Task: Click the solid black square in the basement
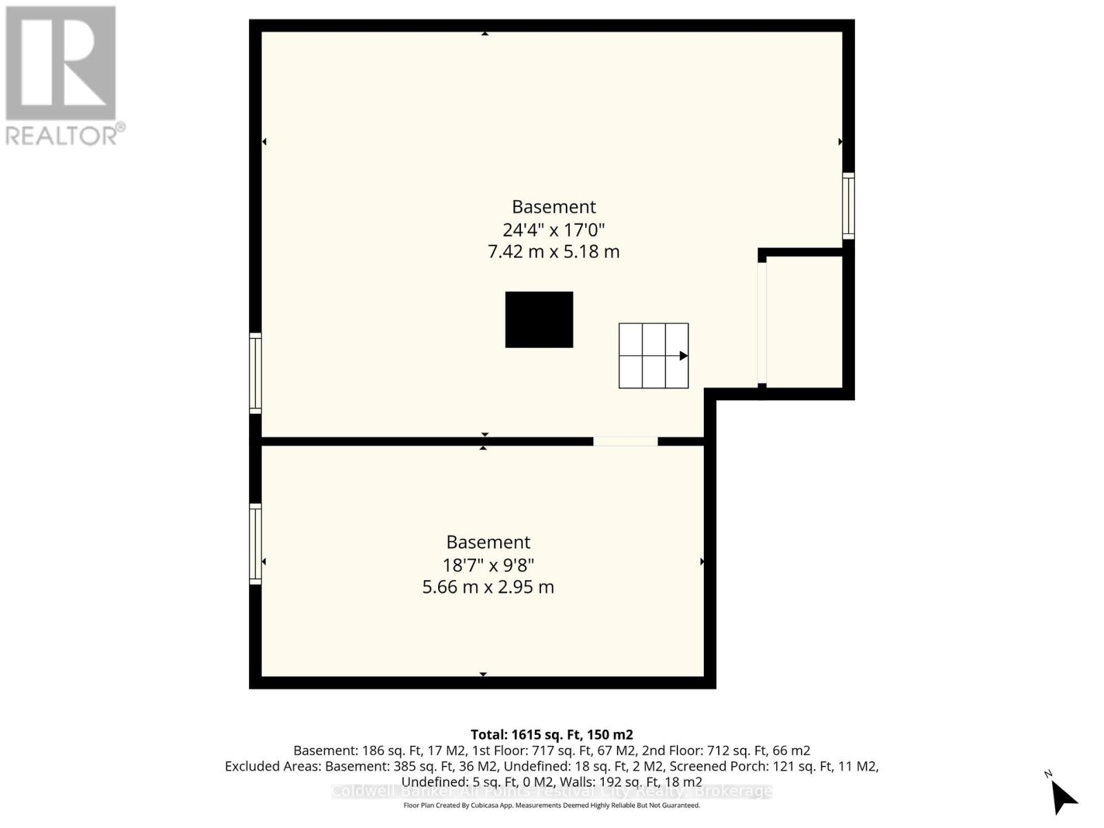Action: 539,319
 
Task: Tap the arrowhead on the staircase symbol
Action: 683,356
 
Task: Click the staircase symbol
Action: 653,355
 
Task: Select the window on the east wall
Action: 848,206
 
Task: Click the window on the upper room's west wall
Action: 255,373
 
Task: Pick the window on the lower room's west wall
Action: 255,544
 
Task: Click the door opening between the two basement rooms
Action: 625,441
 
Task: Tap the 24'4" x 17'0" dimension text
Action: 553,229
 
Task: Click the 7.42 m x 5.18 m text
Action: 553,252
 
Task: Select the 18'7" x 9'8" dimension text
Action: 488,565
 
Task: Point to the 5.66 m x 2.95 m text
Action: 488,587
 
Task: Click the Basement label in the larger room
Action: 553,207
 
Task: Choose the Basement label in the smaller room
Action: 488,542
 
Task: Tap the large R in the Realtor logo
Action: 61,63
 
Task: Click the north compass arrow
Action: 1063,798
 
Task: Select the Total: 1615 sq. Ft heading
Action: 551,735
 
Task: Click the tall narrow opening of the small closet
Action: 762,322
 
